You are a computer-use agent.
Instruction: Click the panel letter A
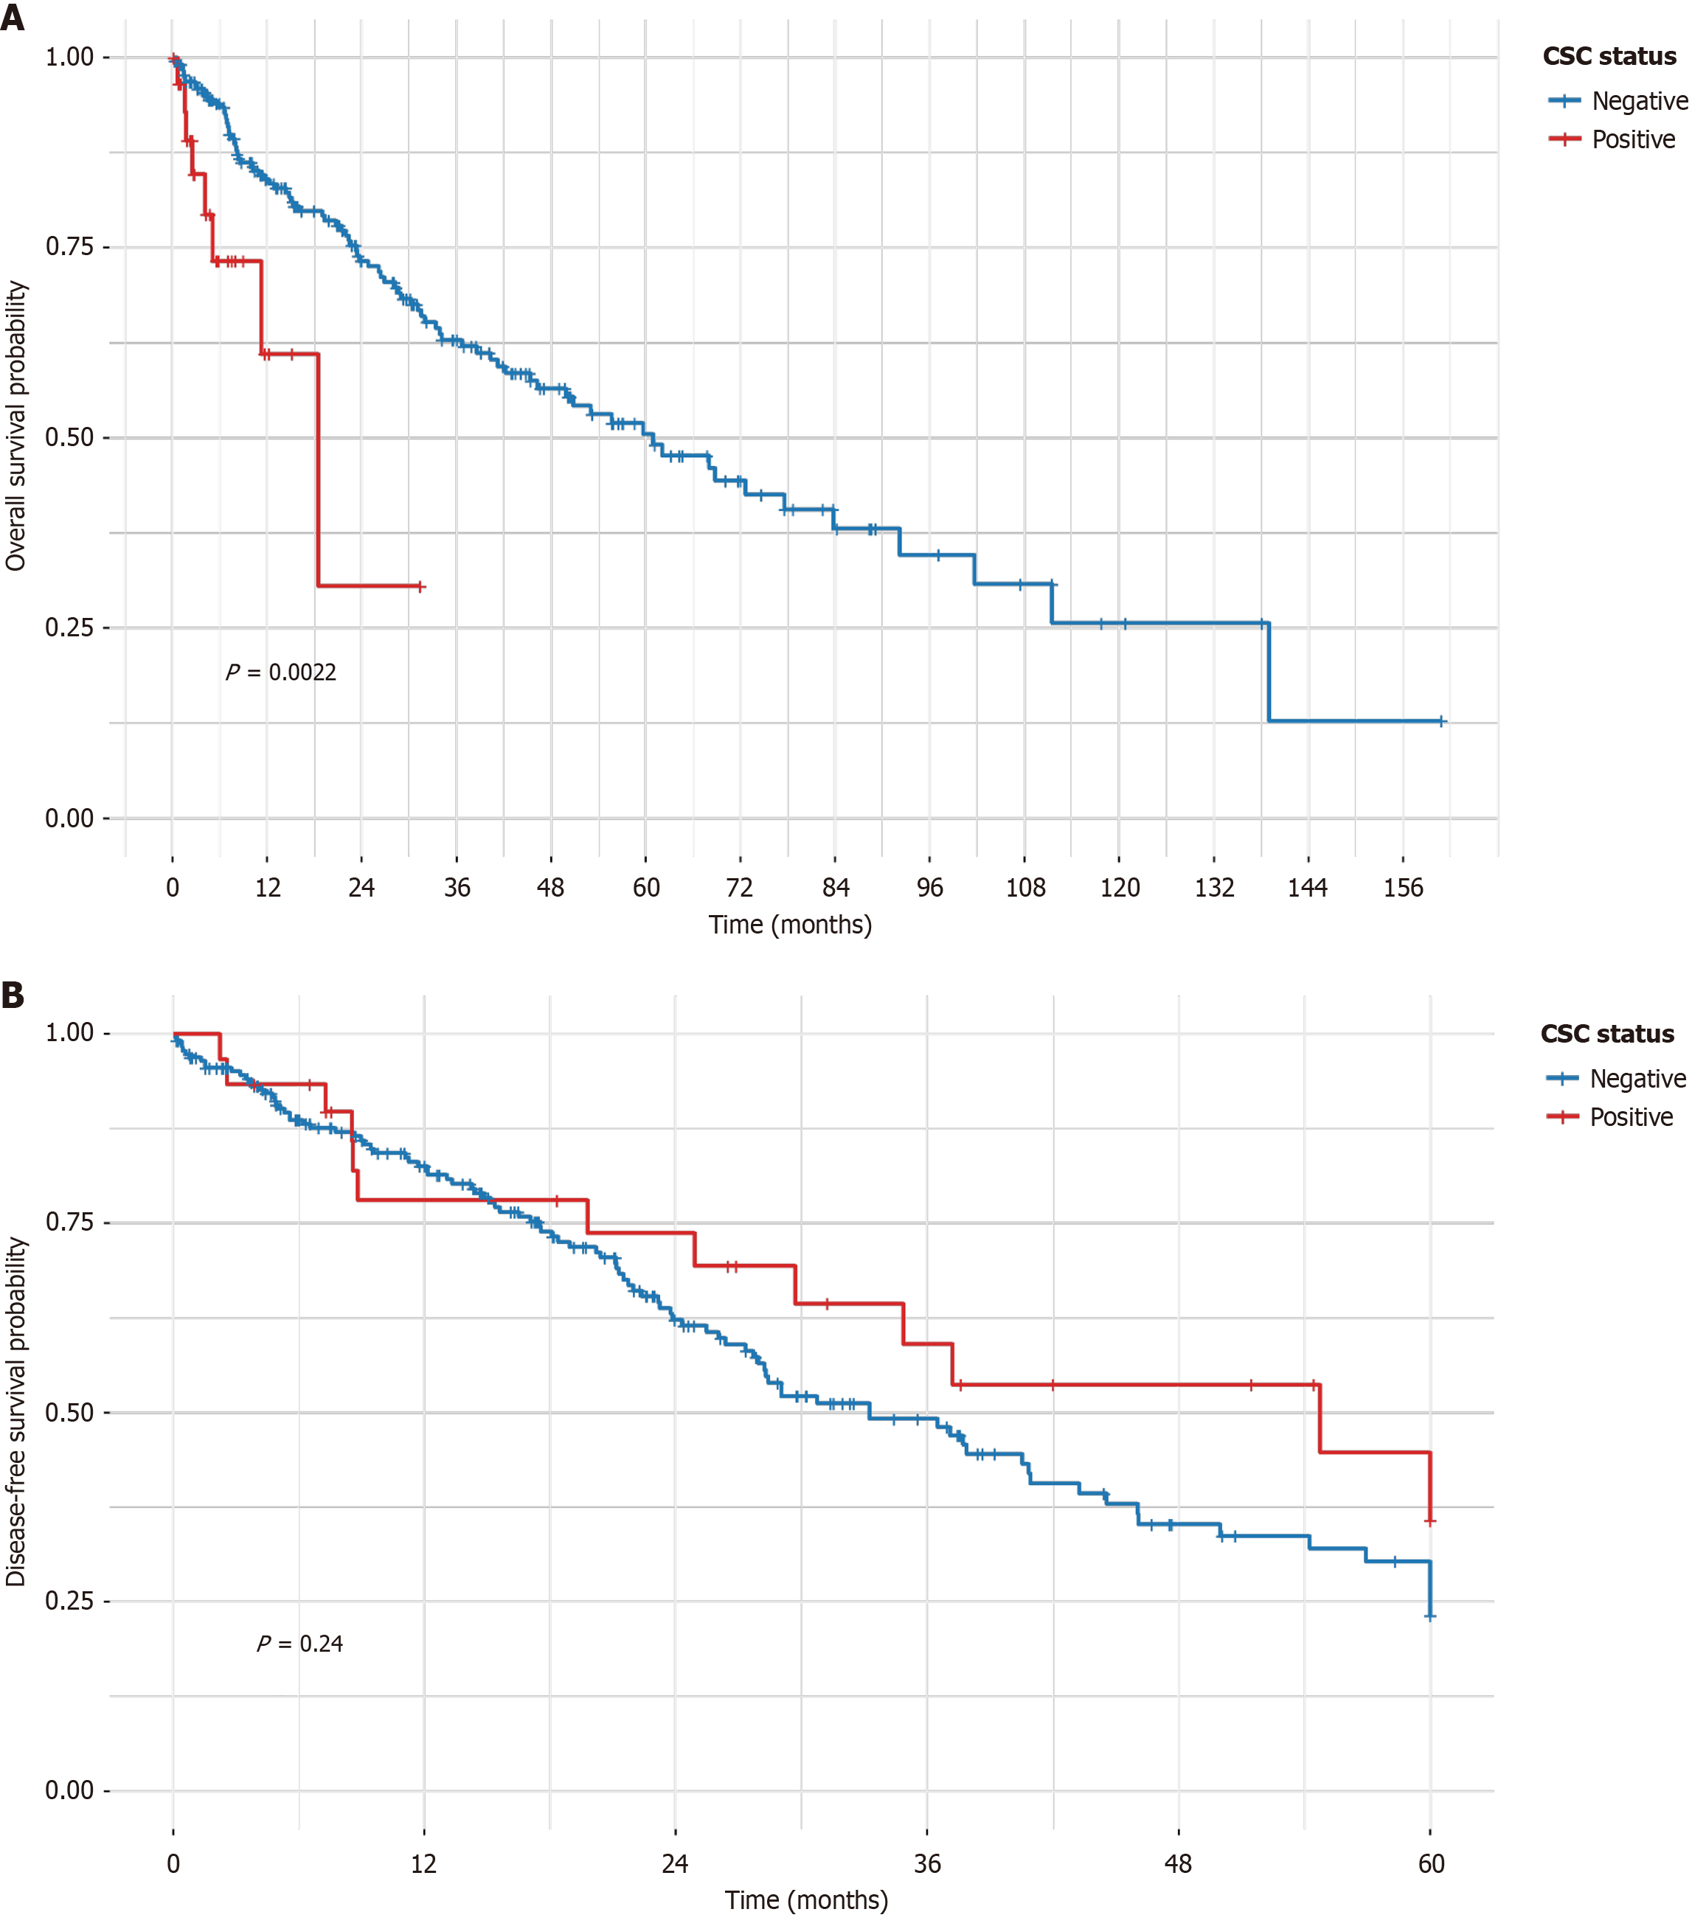(x=13, y=18)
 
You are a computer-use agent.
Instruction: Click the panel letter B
(x=13, y=995)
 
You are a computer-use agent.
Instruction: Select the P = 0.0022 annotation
(x=281, y=672)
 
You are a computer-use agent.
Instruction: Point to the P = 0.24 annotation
(x=299, y=1644)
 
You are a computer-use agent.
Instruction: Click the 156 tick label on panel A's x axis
(x=1403, y=888)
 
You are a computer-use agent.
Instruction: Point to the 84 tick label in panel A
(x=835, y=888)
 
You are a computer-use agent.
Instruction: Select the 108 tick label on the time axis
(x=1024, y=888)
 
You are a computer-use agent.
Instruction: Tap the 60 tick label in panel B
(x=1431, y=1864)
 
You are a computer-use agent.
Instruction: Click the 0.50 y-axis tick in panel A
(x=70, y=437)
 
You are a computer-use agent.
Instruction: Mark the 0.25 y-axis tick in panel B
(x=70, y=1601)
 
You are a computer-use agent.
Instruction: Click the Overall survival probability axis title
(x=16, y=426)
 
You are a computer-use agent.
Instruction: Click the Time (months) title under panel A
(x=790, y=925)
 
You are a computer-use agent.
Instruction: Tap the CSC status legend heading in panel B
(x=1607, y=1034)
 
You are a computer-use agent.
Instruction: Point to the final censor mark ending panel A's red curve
(x=420, y=587)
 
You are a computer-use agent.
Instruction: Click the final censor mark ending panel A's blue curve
(x=1441, y=722)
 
